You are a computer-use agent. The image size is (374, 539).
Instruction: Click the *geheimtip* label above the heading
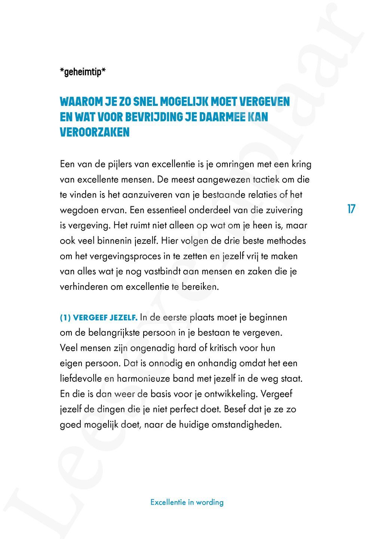coord(83,72)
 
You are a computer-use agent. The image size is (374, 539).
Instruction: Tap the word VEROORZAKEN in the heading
coord(95,132)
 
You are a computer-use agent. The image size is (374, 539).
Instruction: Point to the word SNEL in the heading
coord(145,101)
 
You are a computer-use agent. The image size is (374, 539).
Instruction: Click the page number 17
coord(351,209)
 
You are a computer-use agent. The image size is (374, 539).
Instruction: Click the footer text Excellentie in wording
coord(187,502)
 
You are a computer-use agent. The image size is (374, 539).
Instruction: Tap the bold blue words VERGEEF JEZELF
coord(105,318)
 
